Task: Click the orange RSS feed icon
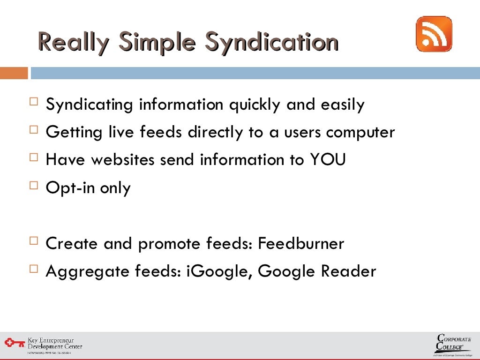[x=434, y=34]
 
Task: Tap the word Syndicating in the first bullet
[x=89, y=105]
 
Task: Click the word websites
[x=122, y=160]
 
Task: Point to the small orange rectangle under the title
[x=14, y=73]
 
